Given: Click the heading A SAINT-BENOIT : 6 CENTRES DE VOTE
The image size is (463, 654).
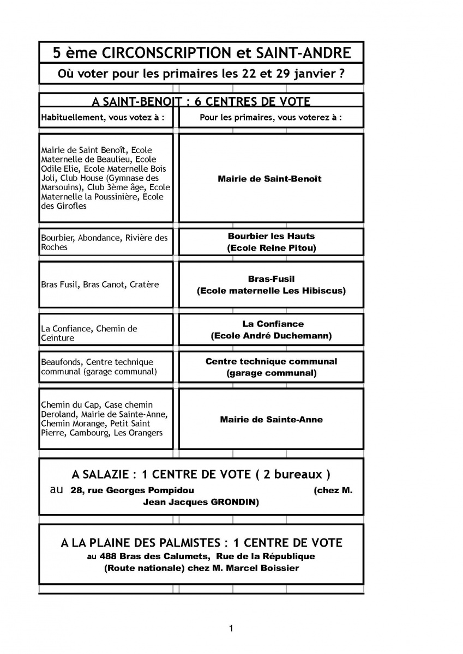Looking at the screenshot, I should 201,101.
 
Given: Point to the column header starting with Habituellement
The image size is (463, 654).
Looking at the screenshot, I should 103,117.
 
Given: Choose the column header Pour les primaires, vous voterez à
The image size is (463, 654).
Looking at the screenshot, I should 270,117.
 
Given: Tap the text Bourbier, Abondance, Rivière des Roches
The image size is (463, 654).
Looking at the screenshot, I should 104,243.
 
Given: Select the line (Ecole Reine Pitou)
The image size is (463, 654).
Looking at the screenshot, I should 271,248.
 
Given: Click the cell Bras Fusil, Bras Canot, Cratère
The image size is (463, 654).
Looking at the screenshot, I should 100,285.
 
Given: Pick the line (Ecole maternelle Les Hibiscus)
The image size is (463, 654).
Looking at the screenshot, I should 271,290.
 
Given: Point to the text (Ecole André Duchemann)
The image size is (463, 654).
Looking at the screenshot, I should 271,336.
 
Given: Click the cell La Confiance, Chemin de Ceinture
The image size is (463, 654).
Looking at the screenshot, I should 89,333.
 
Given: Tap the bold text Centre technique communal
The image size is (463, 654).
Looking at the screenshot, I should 271,361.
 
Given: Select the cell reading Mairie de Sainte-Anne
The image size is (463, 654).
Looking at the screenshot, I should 271,420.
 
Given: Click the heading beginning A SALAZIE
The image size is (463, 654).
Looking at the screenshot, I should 201,474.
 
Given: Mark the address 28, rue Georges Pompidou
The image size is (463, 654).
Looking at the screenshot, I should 132,491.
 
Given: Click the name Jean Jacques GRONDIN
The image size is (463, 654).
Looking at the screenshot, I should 201,502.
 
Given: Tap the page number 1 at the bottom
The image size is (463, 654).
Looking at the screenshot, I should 231,628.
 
